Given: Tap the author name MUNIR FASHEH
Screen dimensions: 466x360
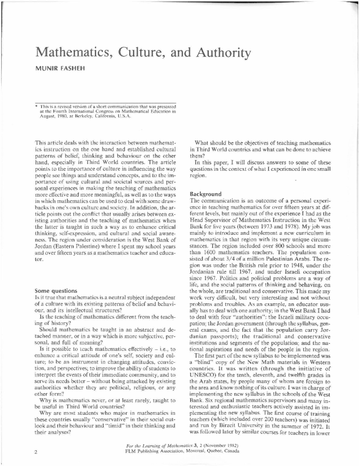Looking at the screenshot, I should (60, 68).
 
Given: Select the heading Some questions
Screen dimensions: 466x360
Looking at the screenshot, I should (56, 291).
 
